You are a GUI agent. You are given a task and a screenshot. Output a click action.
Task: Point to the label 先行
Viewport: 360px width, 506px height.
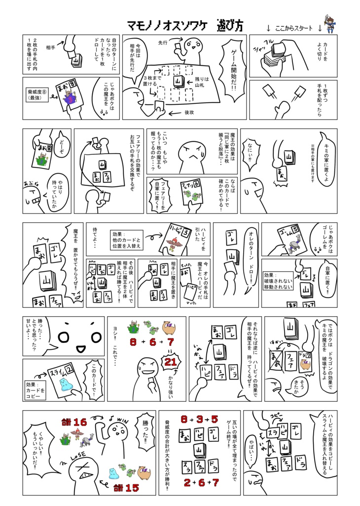coord(163,43)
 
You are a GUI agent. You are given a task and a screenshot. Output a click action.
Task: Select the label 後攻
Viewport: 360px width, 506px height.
coord(190,112)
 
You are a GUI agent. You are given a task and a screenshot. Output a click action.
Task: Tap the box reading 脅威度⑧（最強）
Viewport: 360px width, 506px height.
coord(37,94)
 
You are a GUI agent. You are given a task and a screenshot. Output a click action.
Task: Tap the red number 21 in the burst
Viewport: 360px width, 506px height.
coord(171,362)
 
